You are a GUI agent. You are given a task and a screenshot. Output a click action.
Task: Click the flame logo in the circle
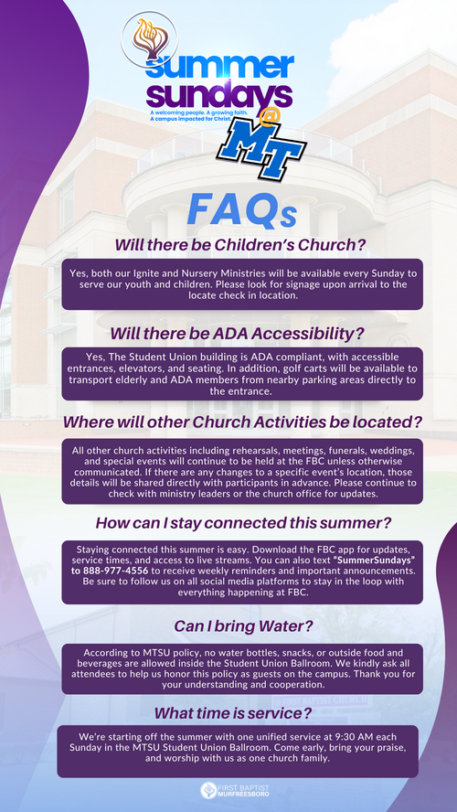(149, 38)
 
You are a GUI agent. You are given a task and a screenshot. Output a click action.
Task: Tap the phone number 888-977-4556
(115, 571)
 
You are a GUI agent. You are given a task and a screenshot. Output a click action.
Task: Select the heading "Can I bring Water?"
(243, 626)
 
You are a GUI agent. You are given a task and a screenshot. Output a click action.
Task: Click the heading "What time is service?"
(233, 713)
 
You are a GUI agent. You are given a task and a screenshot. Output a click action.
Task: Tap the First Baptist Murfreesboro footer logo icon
(208, 790)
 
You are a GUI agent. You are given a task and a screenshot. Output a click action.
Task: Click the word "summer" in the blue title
(221, 66)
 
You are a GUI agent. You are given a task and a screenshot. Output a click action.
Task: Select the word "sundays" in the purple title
(220, 95)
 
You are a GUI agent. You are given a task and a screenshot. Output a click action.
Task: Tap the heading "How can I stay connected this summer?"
(243, 523)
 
